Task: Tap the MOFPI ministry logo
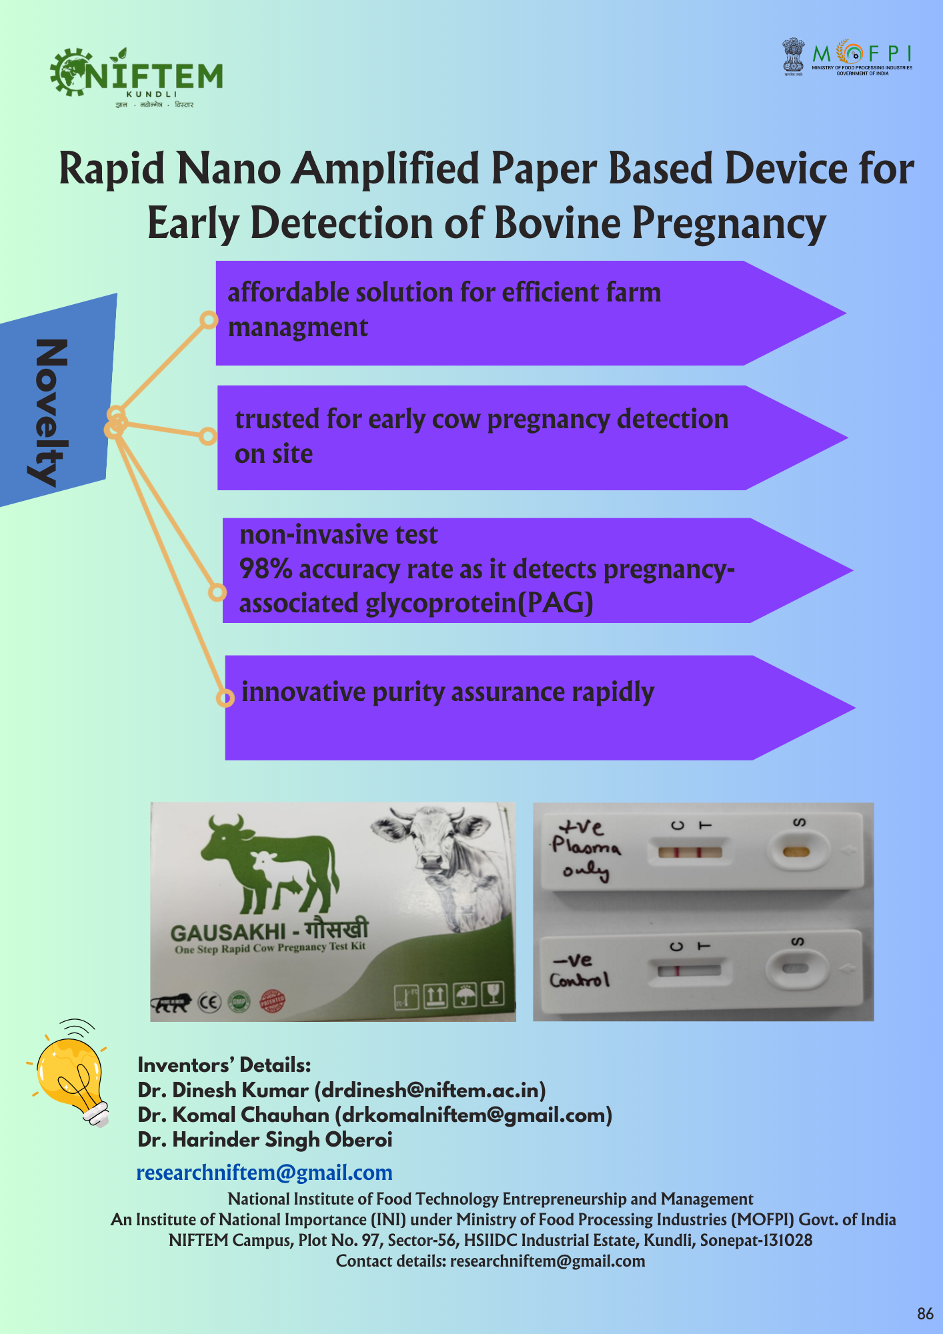tap(847, 57)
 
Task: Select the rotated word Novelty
tap(51, 412)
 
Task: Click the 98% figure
tap(265, 569)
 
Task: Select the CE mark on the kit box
tap(210, 1002)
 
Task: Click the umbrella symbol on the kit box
tap(464, 996)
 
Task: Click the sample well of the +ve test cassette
tap(796, 852)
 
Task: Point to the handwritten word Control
tap(579, 980)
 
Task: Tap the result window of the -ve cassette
tap(690, 970)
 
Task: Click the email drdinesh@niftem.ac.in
tap(430, 1090)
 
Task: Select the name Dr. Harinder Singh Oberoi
tap(265, 1140)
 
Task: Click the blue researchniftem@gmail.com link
tap(264, 1173)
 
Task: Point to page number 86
tap(925, 1314)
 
